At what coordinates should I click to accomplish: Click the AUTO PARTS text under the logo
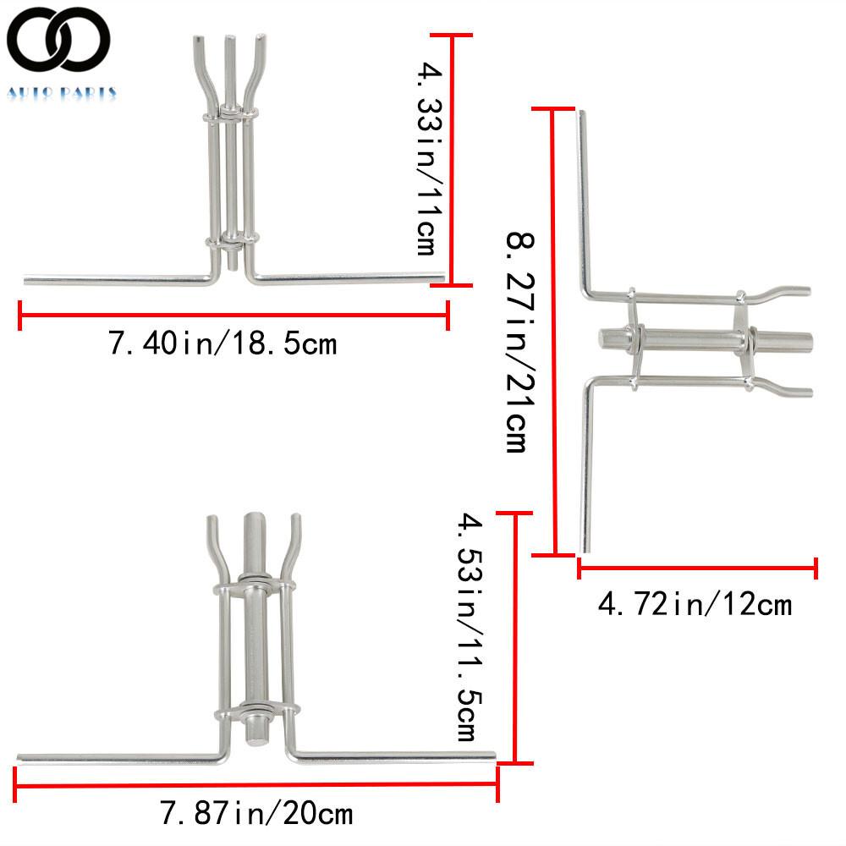tap(61, 93)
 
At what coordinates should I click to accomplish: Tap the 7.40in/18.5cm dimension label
tap(222, 344)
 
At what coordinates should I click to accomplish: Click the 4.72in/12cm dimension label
tap(695, 604)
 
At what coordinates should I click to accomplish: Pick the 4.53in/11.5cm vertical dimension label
tap(467, 627)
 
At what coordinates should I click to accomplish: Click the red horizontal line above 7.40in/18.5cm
tap(233, 316)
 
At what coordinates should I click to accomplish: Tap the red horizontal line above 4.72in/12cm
tap(697, 569)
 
